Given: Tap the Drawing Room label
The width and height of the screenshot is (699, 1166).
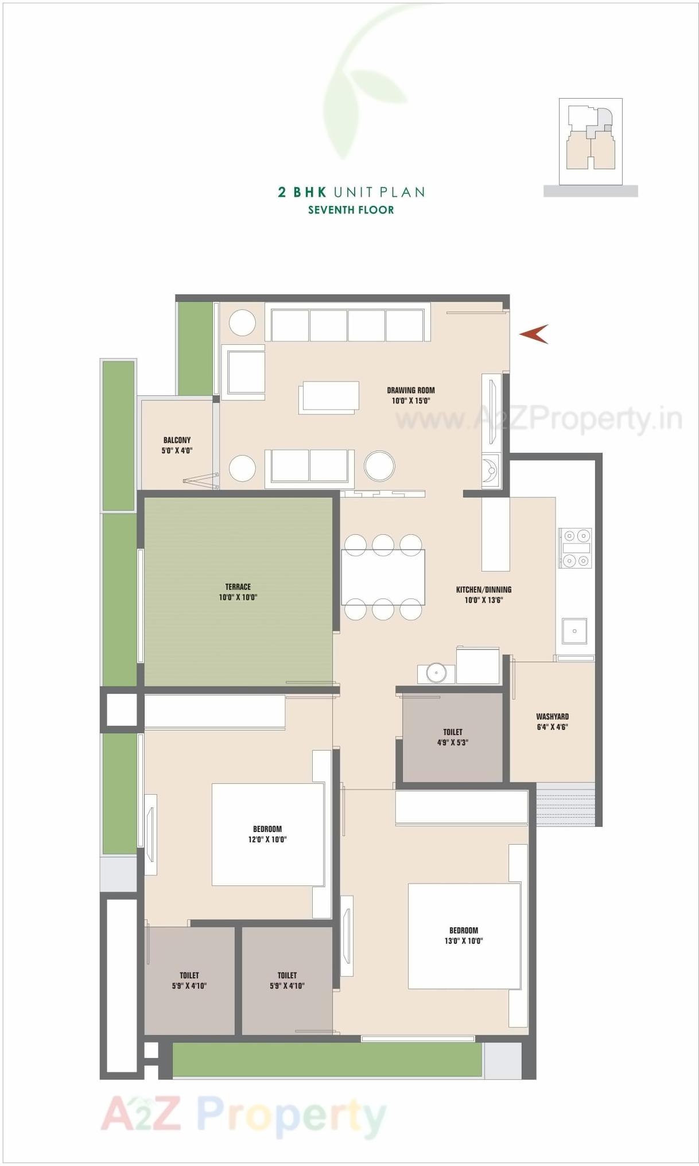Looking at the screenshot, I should click(410, 395).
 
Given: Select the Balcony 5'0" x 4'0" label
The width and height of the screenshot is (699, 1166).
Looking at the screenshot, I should click(177, 445).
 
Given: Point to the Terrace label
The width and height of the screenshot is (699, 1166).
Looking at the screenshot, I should click(238, 592).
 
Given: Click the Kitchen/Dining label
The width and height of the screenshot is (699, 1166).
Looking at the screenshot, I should click(483, 594).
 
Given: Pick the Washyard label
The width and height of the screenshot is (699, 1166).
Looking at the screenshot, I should click(552, 721).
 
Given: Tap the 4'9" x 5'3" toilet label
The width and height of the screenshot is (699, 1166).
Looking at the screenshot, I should click(452, 737).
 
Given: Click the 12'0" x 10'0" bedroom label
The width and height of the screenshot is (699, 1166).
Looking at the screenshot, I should click(267, 834).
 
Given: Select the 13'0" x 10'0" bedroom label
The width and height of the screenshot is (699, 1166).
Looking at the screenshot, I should click(463, 935).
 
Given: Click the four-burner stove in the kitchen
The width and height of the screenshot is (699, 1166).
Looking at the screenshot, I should click(576, 548).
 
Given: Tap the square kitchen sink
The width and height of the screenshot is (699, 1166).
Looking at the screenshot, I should click(574, 631).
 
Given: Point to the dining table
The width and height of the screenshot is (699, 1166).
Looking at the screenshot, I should click(383, 577).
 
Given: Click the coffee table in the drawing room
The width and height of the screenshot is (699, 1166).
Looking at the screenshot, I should click(329, 397).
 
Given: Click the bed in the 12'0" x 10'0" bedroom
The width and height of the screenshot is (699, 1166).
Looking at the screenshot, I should click(267, 834).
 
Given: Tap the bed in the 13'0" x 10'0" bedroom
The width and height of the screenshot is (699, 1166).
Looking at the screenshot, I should click(464, 936).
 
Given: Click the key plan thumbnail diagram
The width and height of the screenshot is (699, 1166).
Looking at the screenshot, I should click(591, 141).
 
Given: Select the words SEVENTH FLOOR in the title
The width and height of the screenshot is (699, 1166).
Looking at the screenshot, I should click(351, 210).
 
